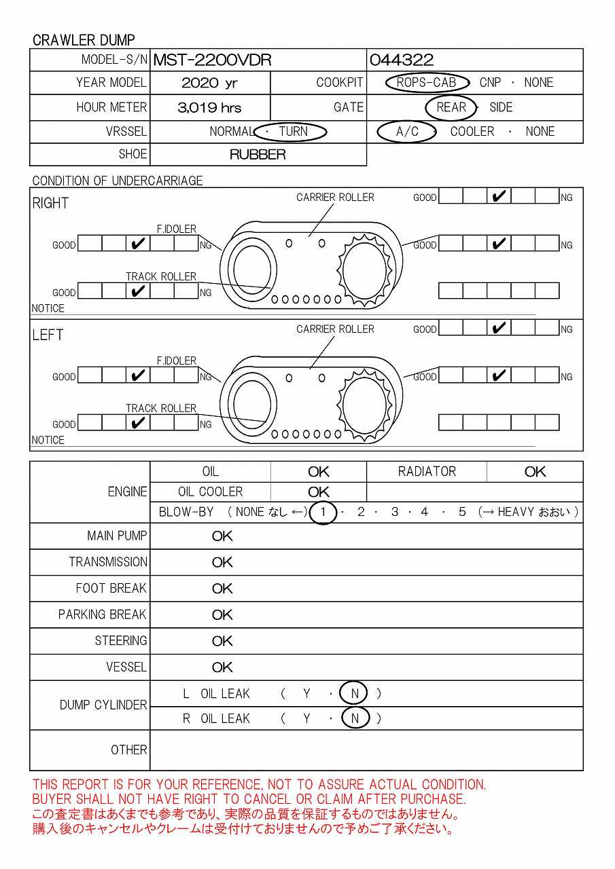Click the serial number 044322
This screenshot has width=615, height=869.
(402, 60)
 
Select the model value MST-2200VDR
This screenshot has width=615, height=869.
(213, 60)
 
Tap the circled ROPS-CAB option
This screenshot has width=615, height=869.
(426, 83)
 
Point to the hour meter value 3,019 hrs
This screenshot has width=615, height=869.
(210, 107)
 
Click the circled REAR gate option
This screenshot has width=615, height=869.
(451, 107)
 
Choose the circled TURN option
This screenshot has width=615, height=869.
(294, 132)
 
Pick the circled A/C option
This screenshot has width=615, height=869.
(407, 132)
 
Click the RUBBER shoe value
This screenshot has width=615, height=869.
(258, 155)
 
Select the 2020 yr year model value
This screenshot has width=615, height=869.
(209, 84)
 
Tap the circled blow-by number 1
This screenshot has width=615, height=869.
(323, 513)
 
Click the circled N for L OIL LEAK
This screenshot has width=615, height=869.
(355, 694)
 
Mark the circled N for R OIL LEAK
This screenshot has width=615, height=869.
(355, 718)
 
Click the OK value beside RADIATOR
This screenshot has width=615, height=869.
(535, 472)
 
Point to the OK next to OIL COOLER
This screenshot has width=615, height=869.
(318, 492)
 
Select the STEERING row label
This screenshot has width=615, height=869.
(120, 641)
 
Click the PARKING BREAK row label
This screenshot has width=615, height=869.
(102, 615)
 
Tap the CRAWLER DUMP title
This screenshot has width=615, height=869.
(84, 40)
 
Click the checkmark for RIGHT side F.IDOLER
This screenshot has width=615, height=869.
(138, 244)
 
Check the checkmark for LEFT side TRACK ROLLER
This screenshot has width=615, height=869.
(138, 423)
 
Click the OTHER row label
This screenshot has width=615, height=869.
(129, 750)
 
